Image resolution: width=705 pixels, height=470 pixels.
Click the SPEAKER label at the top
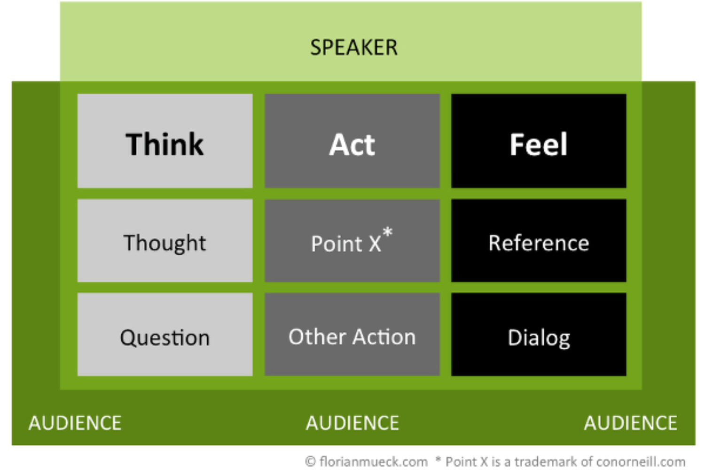point(354,47)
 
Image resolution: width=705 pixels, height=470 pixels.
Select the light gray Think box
point(165,141)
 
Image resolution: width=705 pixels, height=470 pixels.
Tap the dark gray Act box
point(352,141)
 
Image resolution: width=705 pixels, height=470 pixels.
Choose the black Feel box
point(539,141)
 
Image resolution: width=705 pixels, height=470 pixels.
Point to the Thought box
point(165,241)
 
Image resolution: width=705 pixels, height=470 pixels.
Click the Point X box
point(352,241)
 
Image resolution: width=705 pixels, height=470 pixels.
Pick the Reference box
point(539,241)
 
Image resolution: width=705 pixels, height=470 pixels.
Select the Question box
point(165,334)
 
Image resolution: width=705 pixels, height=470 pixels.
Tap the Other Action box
point(352,334)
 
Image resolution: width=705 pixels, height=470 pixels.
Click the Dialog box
point(539,334)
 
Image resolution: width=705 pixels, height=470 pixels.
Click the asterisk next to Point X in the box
point(388,232)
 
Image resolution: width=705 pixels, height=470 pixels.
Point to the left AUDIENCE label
point(75,423)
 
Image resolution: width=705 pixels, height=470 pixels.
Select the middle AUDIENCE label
point(352,423)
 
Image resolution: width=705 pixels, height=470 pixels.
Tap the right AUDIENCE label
point(630,423)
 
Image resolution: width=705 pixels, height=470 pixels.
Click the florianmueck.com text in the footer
point(374,462)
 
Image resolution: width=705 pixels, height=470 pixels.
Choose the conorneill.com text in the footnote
point(641,462)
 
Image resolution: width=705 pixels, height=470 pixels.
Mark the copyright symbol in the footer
point(310,462)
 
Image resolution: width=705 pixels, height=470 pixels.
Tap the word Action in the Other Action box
point(384,337)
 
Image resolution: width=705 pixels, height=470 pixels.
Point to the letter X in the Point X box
point(375,243)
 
